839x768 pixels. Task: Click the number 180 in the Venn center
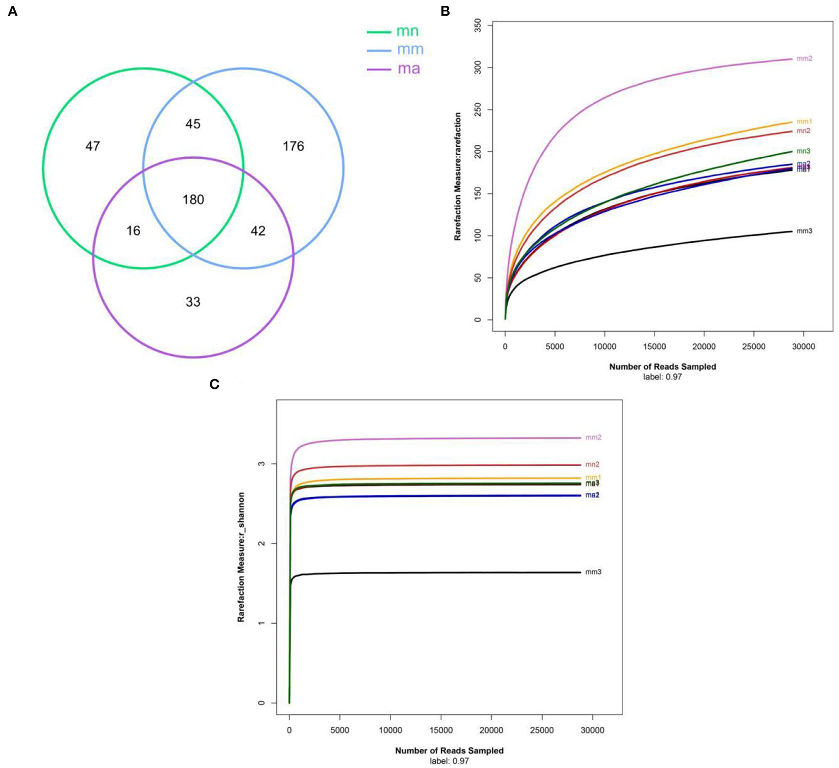click(x=193, y=199)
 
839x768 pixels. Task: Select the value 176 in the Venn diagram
click(x=293, y=146)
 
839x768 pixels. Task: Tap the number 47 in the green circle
click(x=93, y=146)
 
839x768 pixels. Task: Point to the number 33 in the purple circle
click(x=193, y=302)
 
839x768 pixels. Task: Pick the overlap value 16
click(x=133, y=231)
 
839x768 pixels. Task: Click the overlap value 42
click(x=258, y=231)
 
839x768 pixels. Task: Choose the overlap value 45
click(x=193, y=124)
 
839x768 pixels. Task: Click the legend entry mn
click(x=407, y=31)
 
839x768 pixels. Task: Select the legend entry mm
click(x=410, y=49)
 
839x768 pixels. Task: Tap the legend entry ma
click(x=409, y=69)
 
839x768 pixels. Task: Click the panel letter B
click(x=445, y=11)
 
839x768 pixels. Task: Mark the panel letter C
click(x=214, y=384)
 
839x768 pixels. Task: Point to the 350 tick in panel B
click(x=478, y=25)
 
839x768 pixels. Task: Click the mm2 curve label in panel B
click(x=804, y=59)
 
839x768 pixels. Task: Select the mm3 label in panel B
click(x=804, y=231)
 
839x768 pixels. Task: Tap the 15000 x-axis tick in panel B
click(x=654, y=346)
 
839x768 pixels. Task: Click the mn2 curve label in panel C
click(x=592, y=465)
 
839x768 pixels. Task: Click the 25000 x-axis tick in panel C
click(x=542, y=730)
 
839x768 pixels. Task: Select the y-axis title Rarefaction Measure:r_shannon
click(x=241, y=557)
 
